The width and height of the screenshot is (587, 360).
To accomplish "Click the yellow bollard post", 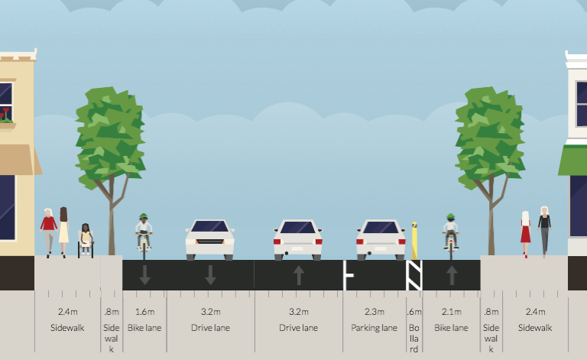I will (414, 241).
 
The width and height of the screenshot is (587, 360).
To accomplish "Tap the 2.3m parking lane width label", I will (375, 312).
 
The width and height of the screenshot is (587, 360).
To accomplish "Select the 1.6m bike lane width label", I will (144, 312).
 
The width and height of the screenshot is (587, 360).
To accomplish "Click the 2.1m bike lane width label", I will (451, 312).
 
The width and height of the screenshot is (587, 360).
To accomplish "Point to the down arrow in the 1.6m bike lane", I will (144, 274).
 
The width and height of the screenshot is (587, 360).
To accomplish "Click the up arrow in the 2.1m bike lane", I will (451, 274).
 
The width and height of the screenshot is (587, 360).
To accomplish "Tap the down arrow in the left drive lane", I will (210, 274).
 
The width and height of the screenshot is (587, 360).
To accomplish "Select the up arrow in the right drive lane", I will (299, 274).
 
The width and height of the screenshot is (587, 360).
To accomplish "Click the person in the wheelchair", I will (86, 239).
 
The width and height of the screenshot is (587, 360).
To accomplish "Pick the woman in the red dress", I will (525, 233).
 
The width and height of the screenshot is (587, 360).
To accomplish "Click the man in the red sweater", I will (49, 229).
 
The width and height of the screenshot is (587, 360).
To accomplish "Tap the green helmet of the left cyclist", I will (144, 217).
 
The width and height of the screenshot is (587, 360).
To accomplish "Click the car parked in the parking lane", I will (381, 238).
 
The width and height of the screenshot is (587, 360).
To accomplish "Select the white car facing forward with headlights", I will (209, 238).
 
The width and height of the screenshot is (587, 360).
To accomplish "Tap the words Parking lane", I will (375, 328).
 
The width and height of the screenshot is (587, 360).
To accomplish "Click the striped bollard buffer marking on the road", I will (413, 275).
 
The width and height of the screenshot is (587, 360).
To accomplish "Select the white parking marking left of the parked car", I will (349, 275).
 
